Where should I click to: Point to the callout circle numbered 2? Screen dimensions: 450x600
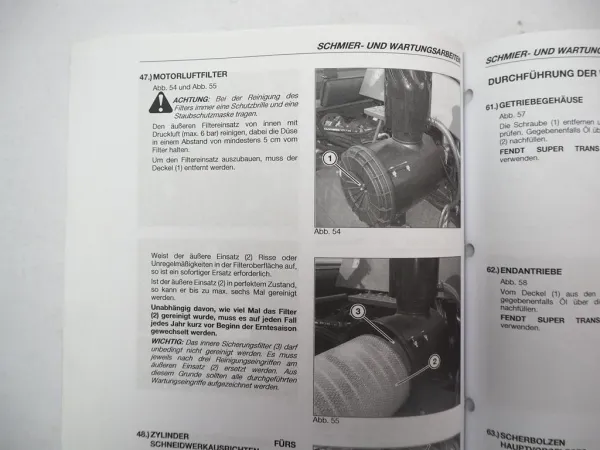coord(434,361)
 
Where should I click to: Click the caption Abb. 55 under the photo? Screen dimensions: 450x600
coord(327,420)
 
